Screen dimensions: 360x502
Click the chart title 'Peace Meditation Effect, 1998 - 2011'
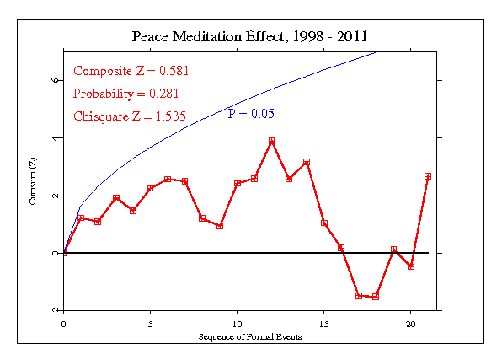point(249,37)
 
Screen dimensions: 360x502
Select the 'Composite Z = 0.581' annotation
point(129,71)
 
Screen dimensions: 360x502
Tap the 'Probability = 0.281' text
point(125,93)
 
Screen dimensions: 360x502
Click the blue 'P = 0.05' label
point(251,114)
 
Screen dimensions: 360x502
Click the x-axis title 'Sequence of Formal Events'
point(250,336)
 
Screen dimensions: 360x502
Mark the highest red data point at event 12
point(272,141)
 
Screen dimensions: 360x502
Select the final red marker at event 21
point(428,176)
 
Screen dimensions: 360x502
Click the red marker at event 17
point(359,296)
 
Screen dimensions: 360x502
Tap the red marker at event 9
point(220,226)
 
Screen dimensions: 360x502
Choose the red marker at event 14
point(307,161)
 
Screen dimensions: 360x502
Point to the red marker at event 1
point(81,218)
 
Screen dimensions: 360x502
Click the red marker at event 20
point(411,266)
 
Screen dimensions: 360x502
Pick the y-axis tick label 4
point(55,137)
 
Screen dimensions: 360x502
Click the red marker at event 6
point(168,179)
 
